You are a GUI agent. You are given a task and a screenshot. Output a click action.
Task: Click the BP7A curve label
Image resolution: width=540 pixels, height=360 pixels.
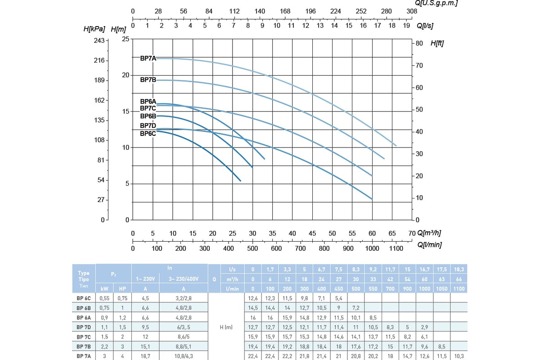148,58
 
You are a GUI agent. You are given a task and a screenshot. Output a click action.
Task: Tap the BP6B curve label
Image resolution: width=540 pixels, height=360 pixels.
148,116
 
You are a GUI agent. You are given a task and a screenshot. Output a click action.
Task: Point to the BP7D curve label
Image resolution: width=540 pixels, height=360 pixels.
148,126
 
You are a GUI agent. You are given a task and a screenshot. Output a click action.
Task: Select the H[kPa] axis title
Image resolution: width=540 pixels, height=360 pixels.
94,29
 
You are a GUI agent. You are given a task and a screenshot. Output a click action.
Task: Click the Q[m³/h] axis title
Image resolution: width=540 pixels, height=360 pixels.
429,233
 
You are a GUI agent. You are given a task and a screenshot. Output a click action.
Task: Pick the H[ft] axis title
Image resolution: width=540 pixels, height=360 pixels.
437,44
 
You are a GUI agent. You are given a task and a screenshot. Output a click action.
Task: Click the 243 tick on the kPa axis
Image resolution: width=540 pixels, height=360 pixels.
99,40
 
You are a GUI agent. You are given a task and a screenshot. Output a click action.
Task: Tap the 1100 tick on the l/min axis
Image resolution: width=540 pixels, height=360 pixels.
396,248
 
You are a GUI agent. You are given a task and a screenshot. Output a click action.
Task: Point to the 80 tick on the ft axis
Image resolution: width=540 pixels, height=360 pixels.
419,43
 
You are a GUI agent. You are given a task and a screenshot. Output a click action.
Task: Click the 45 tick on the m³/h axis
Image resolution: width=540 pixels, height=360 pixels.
312,233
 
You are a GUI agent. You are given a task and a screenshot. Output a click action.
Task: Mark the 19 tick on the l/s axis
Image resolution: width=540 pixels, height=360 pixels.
406,26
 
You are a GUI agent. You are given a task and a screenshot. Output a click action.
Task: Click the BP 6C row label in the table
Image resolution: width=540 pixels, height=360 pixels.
84,298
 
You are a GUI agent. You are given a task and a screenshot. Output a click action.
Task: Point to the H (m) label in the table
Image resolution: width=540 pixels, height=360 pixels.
225,327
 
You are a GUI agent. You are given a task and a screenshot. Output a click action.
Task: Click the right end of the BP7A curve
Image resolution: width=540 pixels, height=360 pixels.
396,145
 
